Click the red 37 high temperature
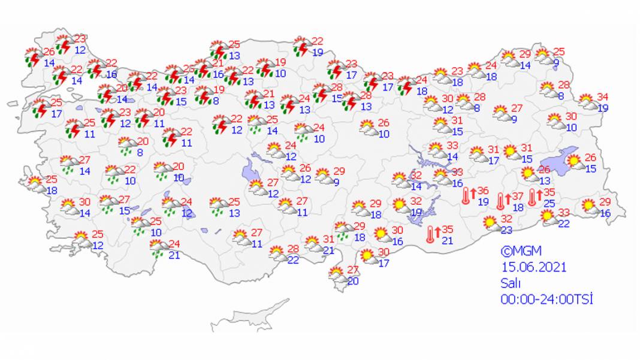tap(518, 196)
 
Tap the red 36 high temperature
tap(483, 191)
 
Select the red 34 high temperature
tap(602, 98)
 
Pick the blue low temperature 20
tap(353, 282)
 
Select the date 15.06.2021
tap(533, 267)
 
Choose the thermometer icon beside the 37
tap(500, 201)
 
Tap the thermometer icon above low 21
tap(430, 234)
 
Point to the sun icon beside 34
tap(587, 101)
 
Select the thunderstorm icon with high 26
tap(32, 56)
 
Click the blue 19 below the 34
tap(603, 108)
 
